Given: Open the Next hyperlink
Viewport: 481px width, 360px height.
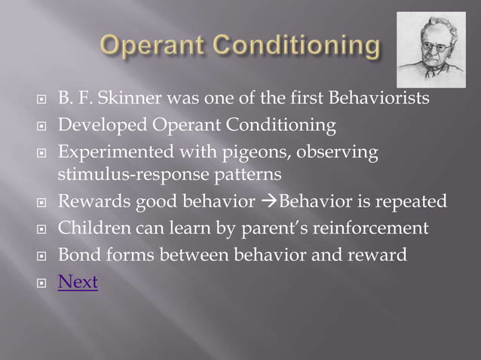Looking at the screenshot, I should [x=78, y=282].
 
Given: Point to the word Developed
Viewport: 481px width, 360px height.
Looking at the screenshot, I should [x=97, y=124].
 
